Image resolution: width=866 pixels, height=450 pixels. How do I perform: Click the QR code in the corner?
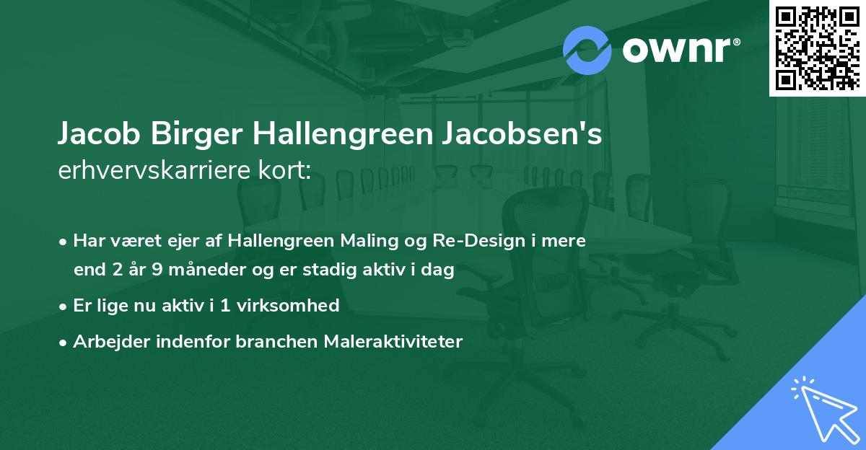pos(817,48)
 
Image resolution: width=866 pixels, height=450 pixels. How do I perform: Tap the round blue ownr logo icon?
pos(587,50)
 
